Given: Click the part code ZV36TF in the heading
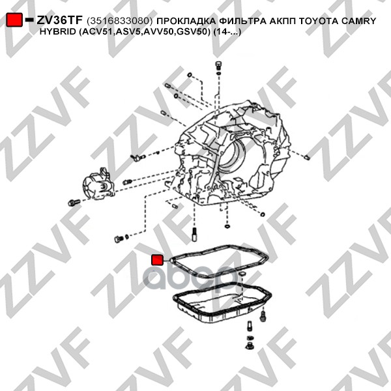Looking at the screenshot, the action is pos(59,20).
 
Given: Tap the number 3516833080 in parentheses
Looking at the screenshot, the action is pos(119,22).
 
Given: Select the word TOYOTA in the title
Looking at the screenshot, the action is pos(319,21).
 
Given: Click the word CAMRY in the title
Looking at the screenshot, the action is pos(359,21).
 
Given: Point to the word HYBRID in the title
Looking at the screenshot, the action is pos(57,32).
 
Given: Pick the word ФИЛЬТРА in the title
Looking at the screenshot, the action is pos(242,21).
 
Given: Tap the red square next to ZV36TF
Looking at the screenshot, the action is pos(14,20).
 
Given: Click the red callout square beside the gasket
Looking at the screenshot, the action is pos(157,260).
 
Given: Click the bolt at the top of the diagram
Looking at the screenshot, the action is pos(218,65).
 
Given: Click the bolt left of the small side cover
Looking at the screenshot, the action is pos(74,202).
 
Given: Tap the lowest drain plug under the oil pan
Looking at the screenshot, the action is pos(249,347).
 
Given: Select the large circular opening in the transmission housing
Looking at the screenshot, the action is pos(231,157).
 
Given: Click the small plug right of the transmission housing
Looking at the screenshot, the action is pos(307,157).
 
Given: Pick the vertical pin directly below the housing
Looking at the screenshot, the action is pos(195,235).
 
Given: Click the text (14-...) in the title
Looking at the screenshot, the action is pos(227,32).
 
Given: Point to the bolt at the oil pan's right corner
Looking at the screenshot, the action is pos(263,315).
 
